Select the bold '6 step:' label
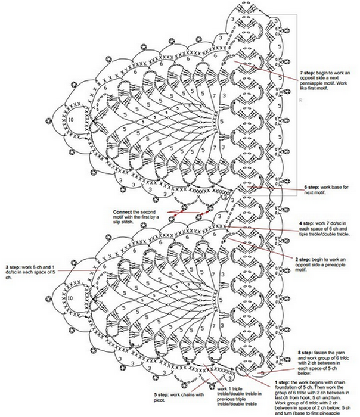click(x=311, y=188)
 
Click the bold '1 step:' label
click(x=282, y=382)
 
